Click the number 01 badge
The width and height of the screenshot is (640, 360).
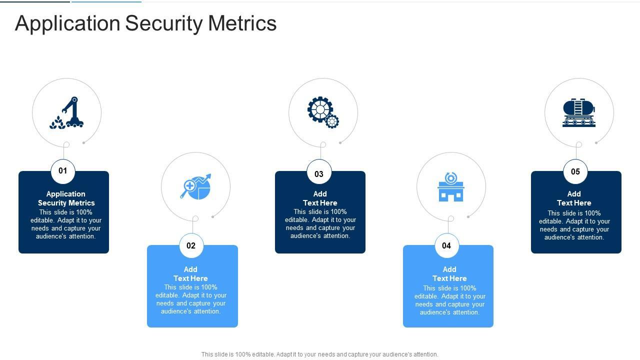(63, 171)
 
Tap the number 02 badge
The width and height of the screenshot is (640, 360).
(191, 245)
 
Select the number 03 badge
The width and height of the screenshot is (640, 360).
(319, 174)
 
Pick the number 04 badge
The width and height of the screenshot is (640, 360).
(446, 245)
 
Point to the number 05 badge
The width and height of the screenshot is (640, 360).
(575, 172)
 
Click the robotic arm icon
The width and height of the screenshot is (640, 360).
(73, 112)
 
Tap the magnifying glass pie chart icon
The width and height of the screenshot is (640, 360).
(195, 186)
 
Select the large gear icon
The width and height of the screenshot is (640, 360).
(319, 109)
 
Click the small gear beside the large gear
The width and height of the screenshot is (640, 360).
(332, 121)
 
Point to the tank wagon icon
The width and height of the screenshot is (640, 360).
(579, 113)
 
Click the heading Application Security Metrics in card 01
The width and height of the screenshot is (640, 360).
(66, 198)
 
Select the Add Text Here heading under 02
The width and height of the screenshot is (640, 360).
(190, 274)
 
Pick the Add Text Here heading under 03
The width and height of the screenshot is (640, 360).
(320, 198)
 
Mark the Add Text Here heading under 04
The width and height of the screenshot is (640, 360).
(449, 274)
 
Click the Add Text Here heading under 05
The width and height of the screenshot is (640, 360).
(574, 198)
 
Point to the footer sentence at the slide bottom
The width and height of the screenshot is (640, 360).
(320, 354)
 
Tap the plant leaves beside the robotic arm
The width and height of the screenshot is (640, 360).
(57, 123)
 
